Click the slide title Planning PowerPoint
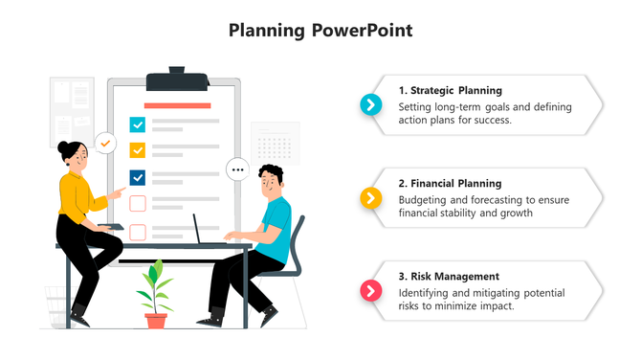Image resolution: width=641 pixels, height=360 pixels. coord(320,30)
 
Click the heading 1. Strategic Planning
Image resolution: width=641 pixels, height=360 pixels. coord(450,90)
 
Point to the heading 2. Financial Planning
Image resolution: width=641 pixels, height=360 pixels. coord(450,183)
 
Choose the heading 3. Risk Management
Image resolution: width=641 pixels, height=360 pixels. coord(449,276)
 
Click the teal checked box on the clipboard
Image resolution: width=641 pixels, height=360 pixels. coord(137,124)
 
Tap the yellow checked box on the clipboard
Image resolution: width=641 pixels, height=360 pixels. coord(137,150)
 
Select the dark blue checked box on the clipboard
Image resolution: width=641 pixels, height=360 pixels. coord(137,177)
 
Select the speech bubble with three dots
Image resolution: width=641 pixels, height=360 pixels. coord(237,170)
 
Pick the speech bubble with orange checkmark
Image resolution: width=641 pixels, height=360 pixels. coord(105,144)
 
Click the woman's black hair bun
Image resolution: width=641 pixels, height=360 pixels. coord(64,147)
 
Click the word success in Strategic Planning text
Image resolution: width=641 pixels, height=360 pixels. coord(492,121)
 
